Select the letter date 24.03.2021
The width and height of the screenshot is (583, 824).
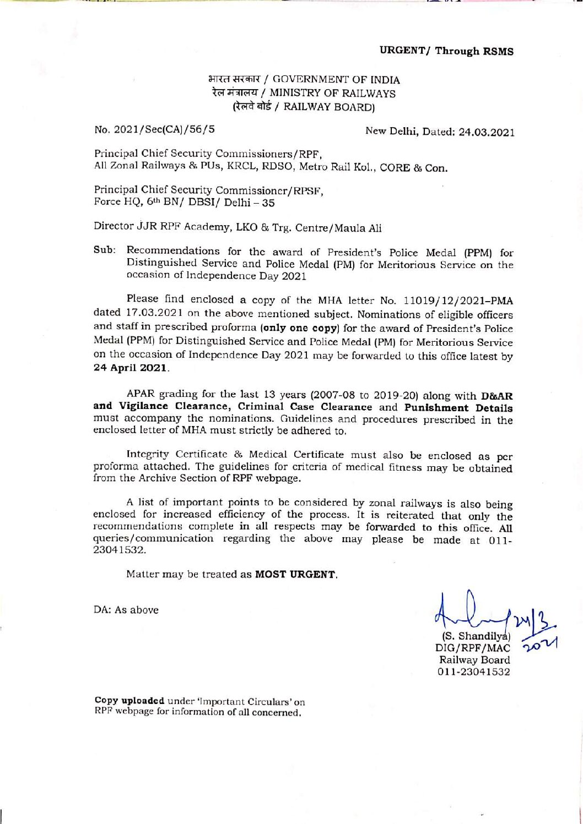(x=487, y=132)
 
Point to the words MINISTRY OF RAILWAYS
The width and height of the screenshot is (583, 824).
(x=332, y=93)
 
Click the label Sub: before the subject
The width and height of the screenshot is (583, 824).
(x=104, y=250)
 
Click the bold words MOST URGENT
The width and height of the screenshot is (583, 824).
(x=295, y=574)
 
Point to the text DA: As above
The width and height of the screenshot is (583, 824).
(x=126, y=610)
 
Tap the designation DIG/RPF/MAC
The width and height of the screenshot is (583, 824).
(x=472, y=648)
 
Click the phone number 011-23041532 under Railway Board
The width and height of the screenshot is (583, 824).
(x=474, y=672)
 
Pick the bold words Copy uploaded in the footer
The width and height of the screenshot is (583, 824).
(x=129, y=701)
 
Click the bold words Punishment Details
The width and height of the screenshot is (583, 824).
(x=458, y=408)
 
